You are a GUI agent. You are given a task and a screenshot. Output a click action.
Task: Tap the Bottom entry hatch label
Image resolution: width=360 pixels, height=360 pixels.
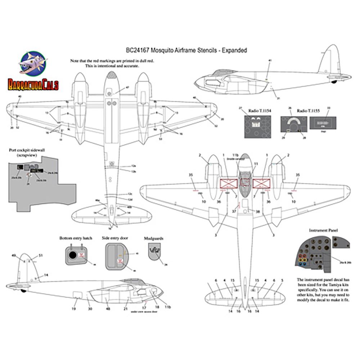click(76, 238)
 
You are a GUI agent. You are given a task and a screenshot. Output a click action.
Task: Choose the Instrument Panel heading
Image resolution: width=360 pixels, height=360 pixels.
click(323, 230)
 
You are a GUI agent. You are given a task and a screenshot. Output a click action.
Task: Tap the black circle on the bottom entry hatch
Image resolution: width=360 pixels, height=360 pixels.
click(72, 255)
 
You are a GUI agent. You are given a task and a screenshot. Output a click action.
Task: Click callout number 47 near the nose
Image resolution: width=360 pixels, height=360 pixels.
click(127, 87)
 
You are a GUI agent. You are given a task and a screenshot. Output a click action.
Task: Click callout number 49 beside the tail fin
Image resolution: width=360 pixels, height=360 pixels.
click(13, 255)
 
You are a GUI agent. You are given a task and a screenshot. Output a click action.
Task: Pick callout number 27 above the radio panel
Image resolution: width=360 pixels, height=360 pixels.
click(241, 108)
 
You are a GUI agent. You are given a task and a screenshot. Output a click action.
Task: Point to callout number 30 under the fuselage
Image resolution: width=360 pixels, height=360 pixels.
click(90, 309)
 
